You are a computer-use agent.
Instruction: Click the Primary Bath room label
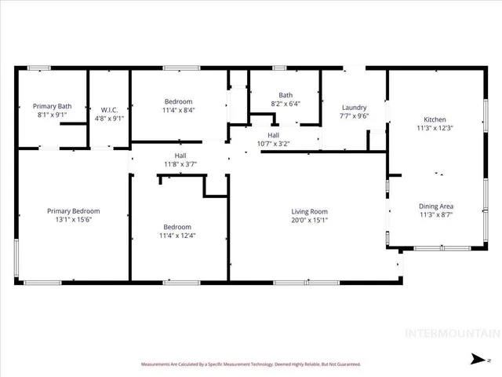[52, 105]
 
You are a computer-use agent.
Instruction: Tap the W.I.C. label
[109, 109]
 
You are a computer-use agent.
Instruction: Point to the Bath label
[286, 95]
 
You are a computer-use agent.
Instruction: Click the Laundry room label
[355, 108]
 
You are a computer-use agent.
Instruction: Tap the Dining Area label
[437, 207]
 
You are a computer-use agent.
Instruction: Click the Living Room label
[309, 211]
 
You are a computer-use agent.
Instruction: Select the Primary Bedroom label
[73, 210]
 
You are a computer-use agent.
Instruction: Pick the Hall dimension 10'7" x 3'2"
[273, 144]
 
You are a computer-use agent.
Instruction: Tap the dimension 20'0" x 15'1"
[309, 220]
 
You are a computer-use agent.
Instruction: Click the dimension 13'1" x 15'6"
[73, 220]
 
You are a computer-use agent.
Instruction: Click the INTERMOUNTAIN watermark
[450, 332]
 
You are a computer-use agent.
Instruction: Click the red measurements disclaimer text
[250, 364]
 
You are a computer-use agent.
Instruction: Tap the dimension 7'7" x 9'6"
[355, 117]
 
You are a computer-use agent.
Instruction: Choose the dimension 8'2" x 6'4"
[286, 104]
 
